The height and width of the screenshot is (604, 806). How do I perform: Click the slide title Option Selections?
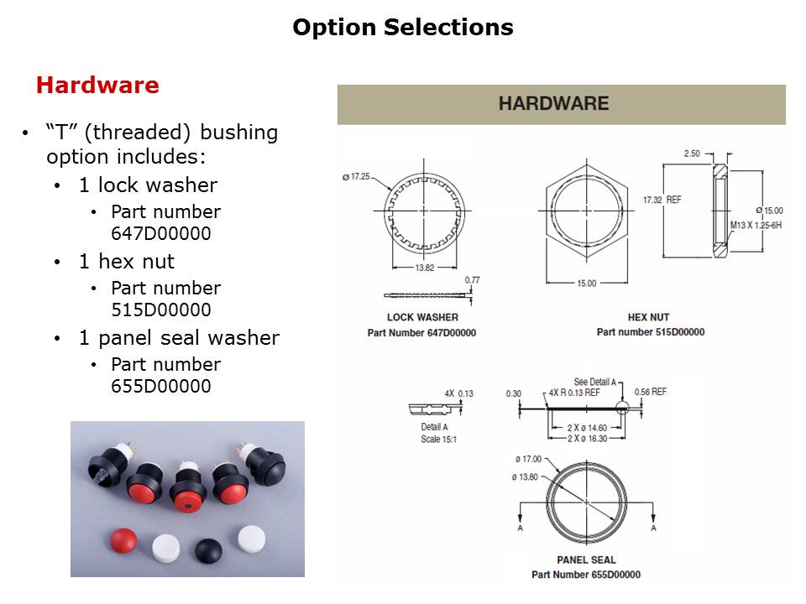(x=402, y=28)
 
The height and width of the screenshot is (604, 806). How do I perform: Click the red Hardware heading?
(x=97, y=86)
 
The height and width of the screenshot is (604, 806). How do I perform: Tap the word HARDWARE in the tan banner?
(x=553, y=104)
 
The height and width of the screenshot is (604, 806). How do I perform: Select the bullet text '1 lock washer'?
(x=148, y=185)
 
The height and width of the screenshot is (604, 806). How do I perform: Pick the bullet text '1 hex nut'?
(x=127, y=262)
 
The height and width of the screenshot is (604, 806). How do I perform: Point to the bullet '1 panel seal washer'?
(x=179, y=338)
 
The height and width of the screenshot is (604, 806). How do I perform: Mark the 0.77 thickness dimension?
(x=472, y=280)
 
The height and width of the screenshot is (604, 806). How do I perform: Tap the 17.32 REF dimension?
(x=659, y=200)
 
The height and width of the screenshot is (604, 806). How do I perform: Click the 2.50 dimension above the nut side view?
(x=692, y=154)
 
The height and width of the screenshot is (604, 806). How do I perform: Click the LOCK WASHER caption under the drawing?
(x=422, y=317)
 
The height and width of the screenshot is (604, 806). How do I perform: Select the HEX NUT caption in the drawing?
(x=648, y=317)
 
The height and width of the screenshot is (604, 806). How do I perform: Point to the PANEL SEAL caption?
(x=586, y=560)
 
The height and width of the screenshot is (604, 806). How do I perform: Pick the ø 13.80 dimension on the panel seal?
(x=526, y=476)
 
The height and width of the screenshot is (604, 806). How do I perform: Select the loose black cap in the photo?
(x=208, y=549)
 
